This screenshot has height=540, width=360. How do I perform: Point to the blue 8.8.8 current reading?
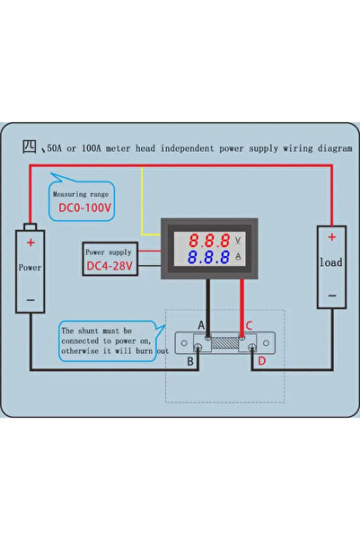(x=207, y=259)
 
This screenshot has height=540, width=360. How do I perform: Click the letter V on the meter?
(x=237, y=240)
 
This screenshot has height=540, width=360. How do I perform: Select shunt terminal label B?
(x=190, y=361)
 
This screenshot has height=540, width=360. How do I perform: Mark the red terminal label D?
(x=261, y=361)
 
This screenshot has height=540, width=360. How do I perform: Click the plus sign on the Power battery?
(x=31, y=243)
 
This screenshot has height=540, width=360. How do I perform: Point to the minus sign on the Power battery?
(x=31, y=299)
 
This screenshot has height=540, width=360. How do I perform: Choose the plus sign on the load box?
(x=331, y=237)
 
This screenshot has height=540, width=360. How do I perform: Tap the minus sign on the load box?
(x=331, y=294)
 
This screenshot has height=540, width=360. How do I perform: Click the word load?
(x=331, y=264)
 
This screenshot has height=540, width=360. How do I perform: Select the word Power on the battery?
(x=31, y=268)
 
